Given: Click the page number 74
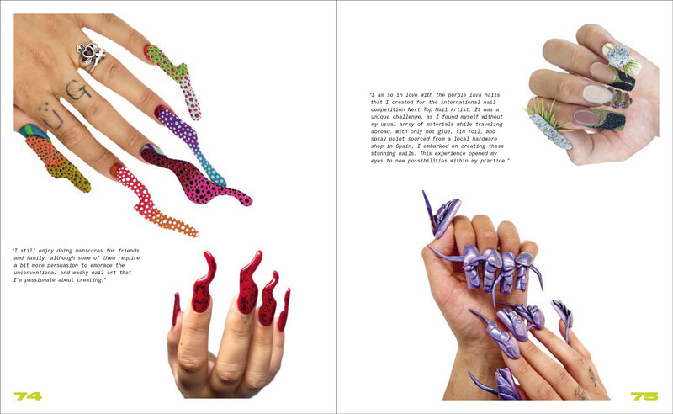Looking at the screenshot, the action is pyautogui.click(x=28, y=396).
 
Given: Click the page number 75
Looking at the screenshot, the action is pyautogui.click(x=644, y=396).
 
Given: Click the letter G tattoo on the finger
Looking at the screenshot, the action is pyautogui.click(x=77, y=90).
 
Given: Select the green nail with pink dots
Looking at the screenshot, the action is pyautogui.click(x=176, y=79).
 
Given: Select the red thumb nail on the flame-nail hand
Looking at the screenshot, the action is pyautogui.click(x=176, y=309).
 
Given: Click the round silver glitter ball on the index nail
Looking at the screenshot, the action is pyautogui.click(x=617, y=56).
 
